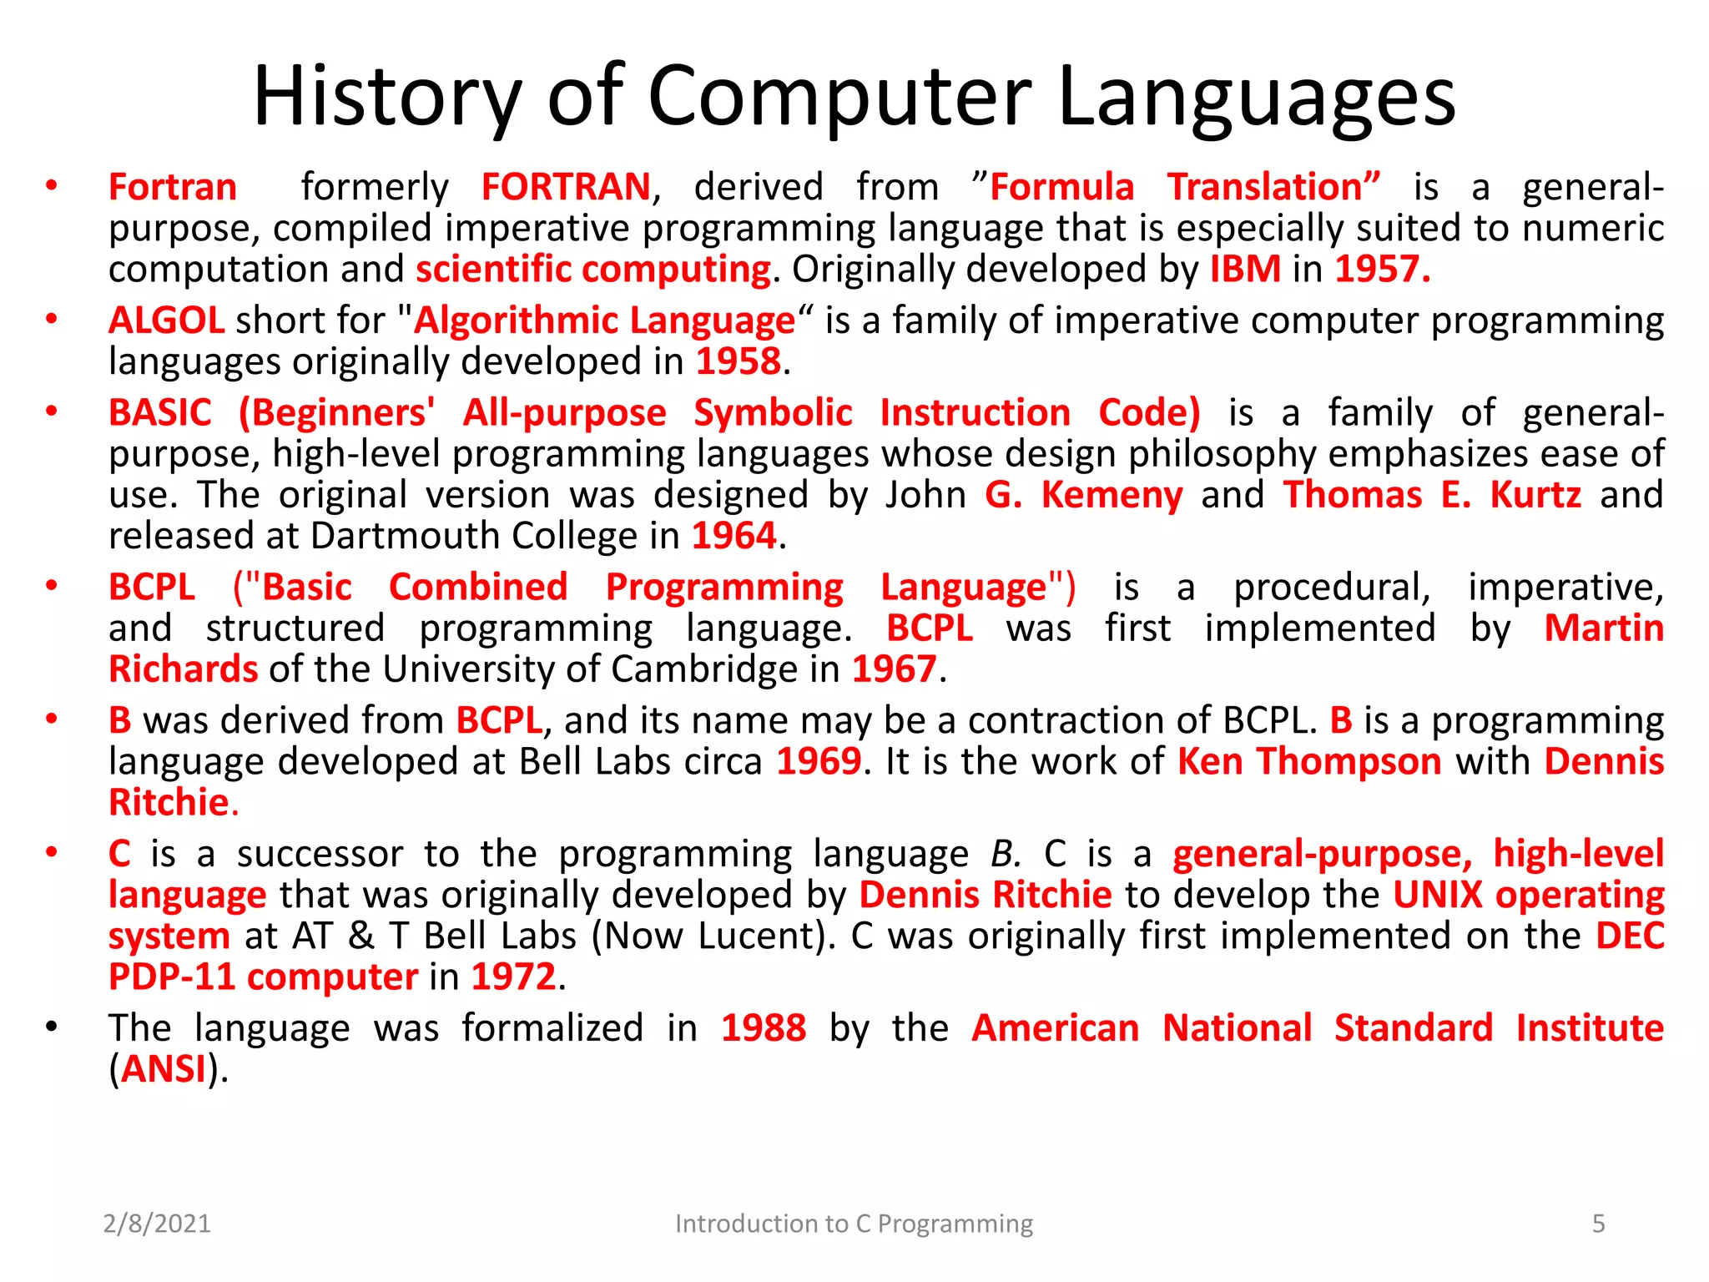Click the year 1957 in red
point(1381,270)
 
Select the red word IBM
point(1245,270)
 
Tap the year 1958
point(739,362)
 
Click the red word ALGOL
point(166,321)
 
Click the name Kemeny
point(1111,496)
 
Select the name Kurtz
point(1535,496)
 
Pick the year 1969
point(818,762)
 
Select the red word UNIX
point(1437,896)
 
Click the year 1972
point(512,977)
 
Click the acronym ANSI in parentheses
point(164,1070)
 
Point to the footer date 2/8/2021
point(156,1224)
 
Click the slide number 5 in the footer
point(1598,1224)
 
